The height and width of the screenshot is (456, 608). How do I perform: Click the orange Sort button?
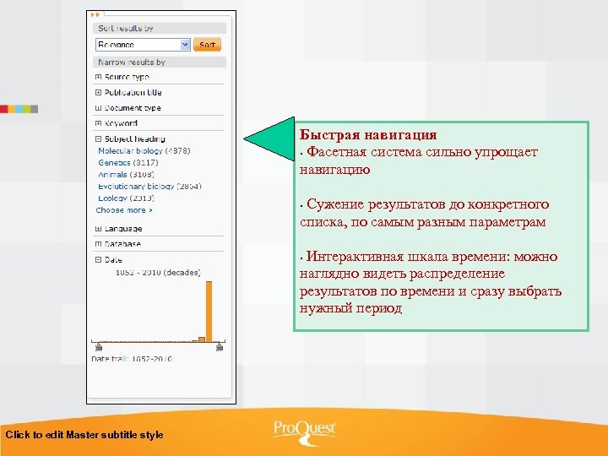click(207, 45)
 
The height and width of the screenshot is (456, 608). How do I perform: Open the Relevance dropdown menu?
click(185, 45)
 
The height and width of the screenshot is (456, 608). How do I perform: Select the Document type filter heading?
click(132, 108)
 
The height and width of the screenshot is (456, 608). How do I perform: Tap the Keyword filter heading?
click(121, 123)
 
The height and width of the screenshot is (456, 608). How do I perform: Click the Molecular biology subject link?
click(130, 150)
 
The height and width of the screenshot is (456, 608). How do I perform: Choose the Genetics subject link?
click(114, 162)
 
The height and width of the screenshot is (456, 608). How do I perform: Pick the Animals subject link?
click(112, 174)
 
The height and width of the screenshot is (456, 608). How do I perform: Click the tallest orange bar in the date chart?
click(209, 311)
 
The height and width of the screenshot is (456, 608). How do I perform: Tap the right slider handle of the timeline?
click(220, 345)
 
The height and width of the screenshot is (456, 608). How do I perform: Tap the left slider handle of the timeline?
click(99, 345)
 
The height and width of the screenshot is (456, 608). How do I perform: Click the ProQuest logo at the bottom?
click(304, 430)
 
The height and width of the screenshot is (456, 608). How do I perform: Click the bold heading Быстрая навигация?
click(368, 135)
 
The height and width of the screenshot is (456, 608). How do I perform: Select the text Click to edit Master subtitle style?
click(84, 435)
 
